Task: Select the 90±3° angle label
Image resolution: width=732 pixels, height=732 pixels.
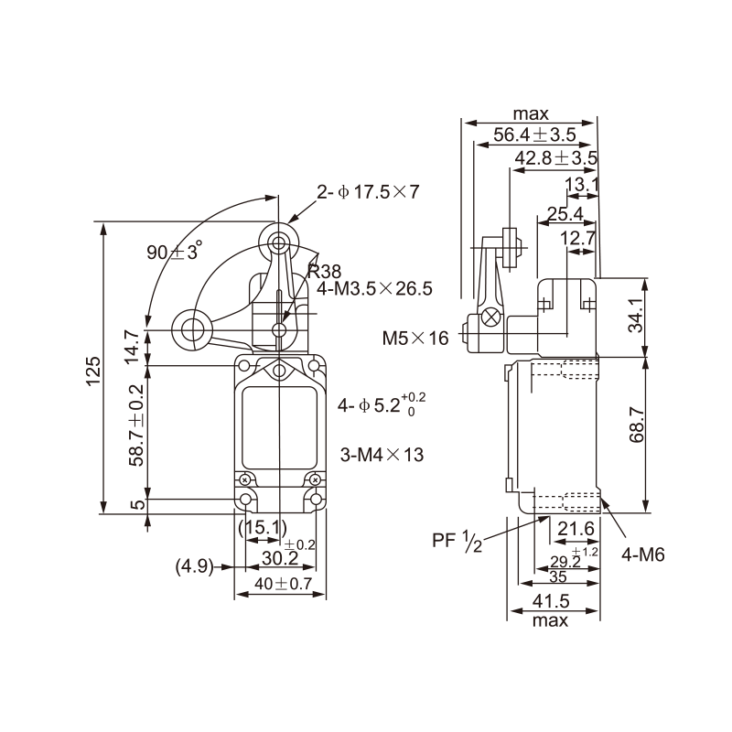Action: click(x=174, y=253)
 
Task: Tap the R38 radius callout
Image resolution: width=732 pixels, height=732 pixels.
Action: click(x=325, y=270)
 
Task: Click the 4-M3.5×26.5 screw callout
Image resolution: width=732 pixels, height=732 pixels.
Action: click(x=374, y=289)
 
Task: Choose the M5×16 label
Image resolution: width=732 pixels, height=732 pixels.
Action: click(x=415, y=339)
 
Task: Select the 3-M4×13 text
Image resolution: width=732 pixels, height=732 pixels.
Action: click(x=382, y=454)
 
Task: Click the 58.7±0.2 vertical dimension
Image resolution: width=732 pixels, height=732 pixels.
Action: click(x=136, y=431)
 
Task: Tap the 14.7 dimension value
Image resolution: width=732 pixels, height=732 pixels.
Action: click(x=134, y=348)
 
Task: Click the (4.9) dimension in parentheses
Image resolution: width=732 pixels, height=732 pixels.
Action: click(x=191, y=567)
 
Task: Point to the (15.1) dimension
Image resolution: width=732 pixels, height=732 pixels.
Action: click(x=263, y=527)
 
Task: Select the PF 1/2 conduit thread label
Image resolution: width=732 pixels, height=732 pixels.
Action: click(x=457, y=542)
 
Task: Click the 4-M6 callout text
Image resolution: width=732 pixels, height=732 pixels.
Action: click(x=642, y=554)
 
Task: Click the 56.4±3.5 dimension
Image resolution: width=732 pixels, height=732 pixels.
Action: click(x=534, y=135)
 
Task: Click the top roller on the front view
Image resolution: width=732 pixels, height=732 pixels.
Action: click(x=277, y=242)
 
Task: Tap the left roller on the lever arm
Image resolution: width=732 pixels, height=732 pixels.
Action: click(x=192, y=328)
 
